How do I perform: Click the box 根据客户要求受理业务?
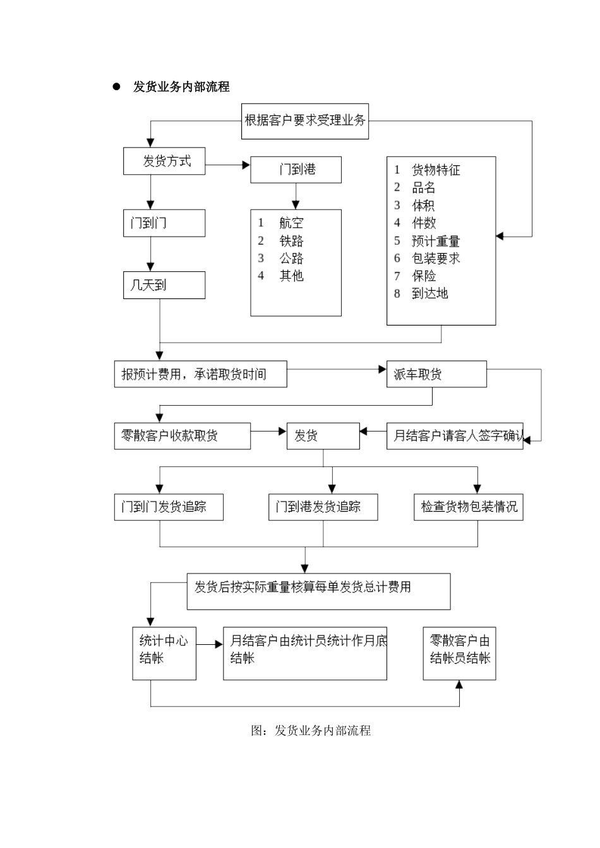coord(306,120)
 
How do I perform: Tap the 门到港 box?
coord(296,170)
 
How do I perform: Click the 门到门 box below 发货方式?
coord(164,223)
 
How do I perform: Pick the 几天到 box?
coord(164,285)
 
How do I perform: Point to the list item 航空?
coord(291,223)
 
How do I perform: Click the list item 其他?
coord(291,276)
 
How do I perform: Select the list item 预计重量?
coord(435,241)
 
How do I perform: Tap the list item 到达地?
coord(429,293)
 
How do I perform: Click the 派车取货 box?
coord(436,374)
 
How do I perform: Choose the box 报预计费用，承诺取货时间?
coord(200,374)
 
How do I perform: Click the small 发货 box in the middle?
coord(323,436)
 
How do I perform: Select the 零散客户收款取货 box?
coord(182,436)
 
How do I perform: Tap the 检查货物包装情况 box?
coord(468,507)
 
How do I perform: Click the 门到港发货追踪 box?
coord(323,507)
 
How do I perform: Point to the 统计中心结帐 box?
coord(164,653)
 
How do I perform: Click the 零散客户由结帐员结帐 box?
coord(459,653)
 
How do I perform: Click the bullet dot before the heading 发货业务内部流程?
coord(116,87)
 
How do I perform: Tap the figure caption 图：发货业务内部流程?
coord(310,731)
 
